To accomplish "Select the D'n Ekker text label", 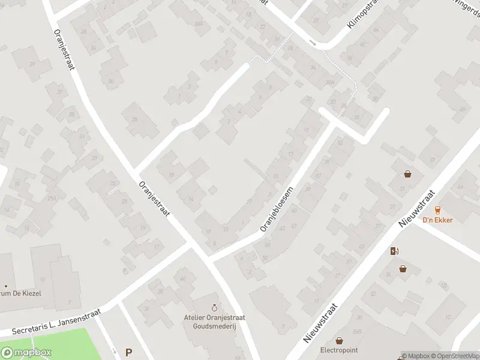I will point(437,220).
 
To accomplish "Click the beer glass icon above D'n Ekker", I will point(437,209).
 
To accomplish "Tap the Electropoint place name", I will point(339,349).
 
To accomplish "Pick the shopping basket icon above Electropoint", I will point(339,340).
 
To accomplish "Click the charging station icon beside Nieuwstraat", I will point(394,251).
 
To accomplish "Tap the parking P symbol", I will point(128,353).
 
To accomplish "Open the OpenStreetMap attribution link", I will point(454,356).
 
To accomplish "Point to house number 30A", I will point(198,23).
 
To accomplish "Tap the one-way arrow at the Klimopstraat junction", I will point(313,43).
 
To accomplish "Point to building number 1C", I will point(447,316).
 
